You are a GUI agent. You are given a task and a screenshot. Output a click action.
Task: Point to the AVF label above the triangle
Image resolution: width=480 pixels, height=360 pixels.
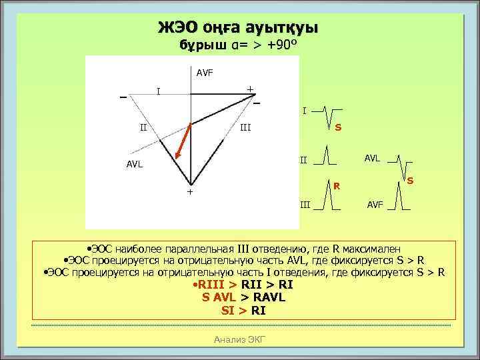[205, 72]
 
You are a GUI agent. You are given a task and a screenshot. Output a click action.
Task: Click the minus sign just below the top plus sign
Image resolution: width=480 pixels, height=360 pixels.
[257, 103]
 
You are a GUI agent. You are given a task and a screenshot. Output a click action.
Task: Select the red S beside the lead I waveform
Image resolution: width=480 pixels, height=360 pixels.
[338, 127]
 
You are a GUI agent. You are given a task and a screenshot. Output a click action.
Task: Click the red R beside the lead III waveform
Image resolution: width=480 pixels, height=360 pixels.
[337, 186]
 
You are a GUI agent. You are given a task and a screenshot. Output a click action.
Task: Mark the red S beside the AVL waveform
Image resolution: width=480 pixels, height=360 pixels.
[410, 181]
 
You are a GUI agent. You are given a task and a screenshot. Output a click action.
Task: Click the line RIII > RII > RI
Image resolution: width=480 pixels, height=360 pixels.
[243, 285]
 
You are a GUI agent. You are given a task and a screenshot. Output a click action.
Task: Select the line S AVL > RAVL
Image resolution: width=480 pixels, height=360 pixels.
[243, 297]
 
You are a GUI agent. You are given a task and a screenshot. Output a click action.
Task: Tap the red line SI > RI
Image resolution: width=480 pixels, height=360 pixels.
[243, 310]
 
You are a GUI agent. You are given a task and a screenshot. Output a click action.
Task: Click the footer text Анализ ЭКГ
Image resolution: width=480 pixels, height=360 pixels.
[239, 340]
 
